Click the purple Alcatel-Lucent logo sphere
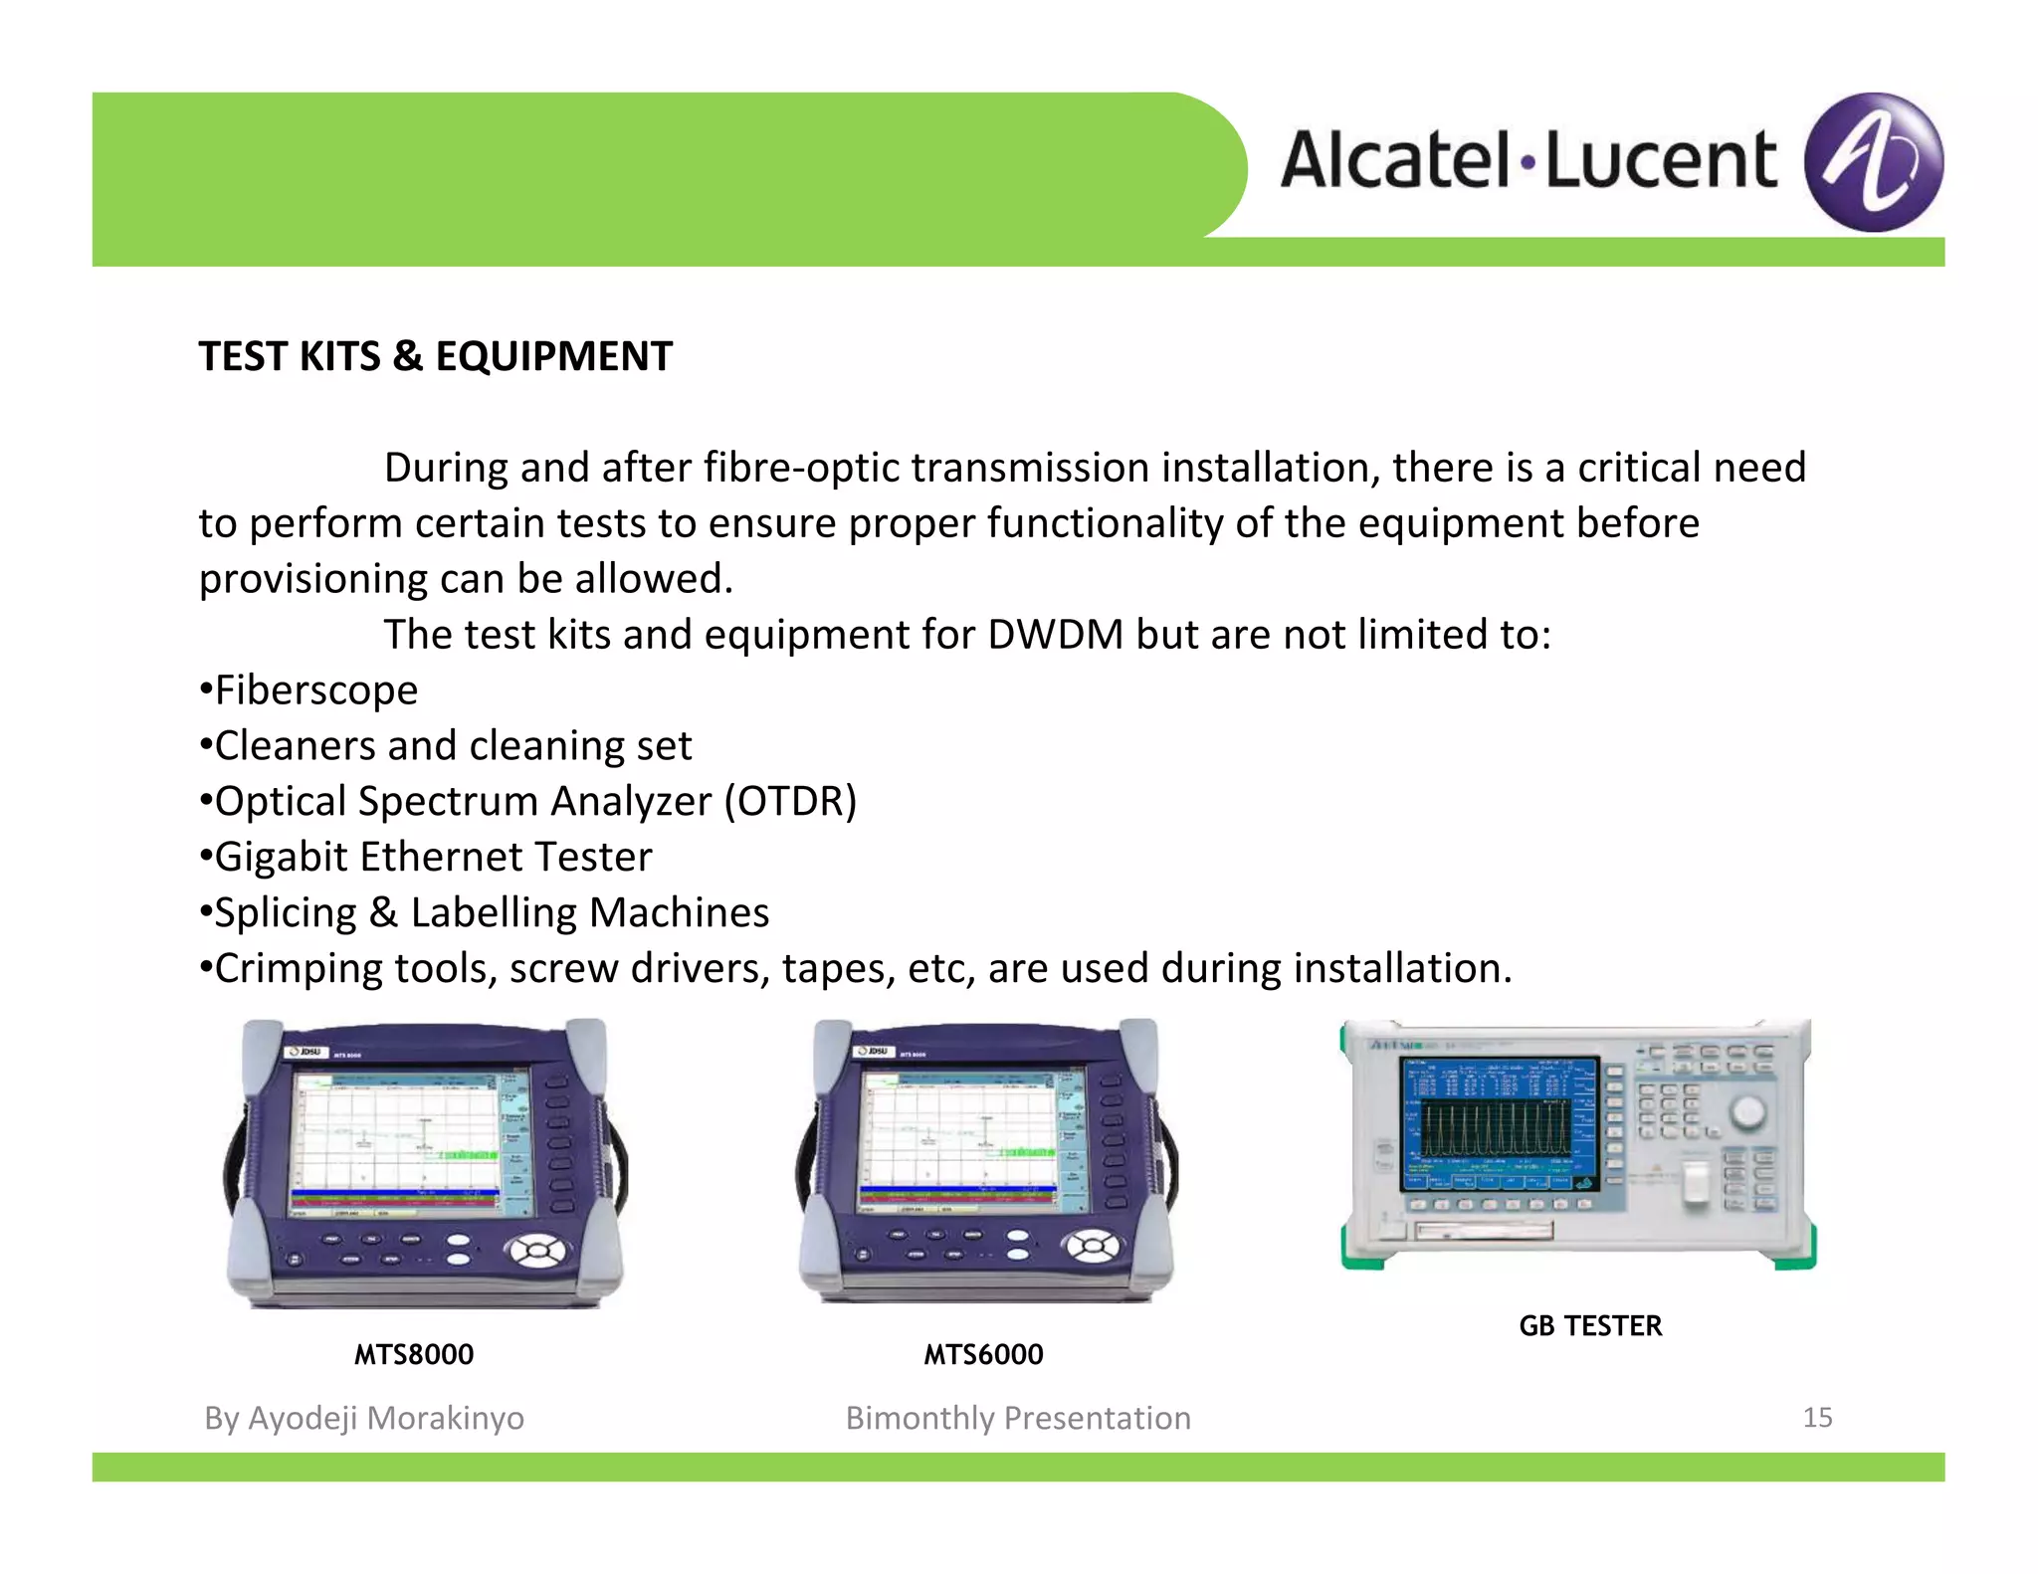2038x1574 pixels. tap(1873, 162)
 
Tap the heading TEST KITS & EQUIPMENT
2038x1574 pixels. tap(435, 356)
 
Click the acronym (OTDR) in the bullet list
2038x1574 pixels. tap(790, 801)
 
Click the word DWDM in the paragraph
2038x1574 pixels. tap(1055, 635)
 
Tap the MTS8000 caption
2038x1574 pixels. tap(414, 1354)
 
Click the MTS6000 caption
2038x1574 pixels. tap(983, 1354)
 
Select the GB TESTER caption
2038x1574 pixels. tap(1590, 1325)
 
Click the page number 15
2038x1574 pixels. tap(1817, 1417)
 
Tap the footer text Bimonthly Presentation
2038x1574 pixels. tap(1018, 1418)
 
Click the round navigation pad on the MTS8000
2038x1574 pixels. tap(537, 1250)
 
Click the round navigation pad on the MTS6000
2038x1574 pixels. tap(1092, 1245)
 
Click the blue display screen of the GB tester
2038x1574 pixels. tap(1499, 1124)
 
